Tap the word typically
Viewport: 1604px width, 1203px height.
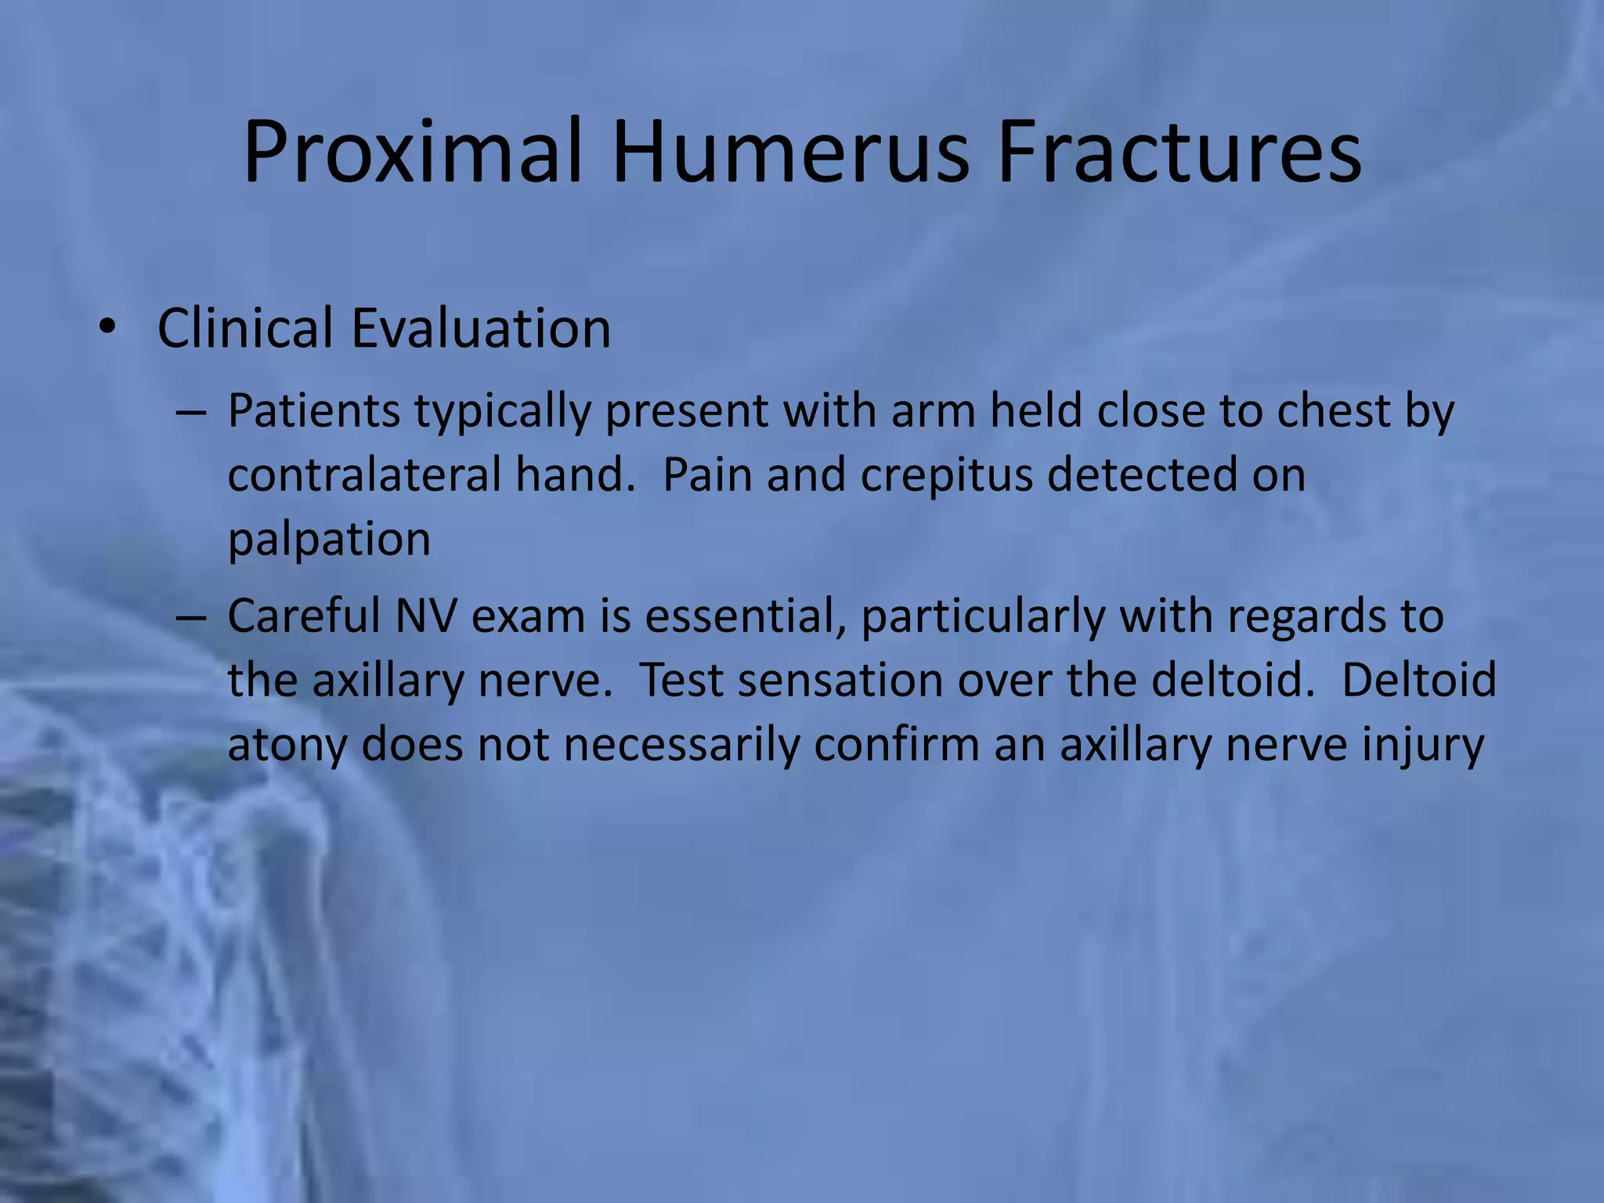[502, 413]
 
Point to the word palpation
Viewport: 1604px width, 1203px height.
[329, 540]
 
